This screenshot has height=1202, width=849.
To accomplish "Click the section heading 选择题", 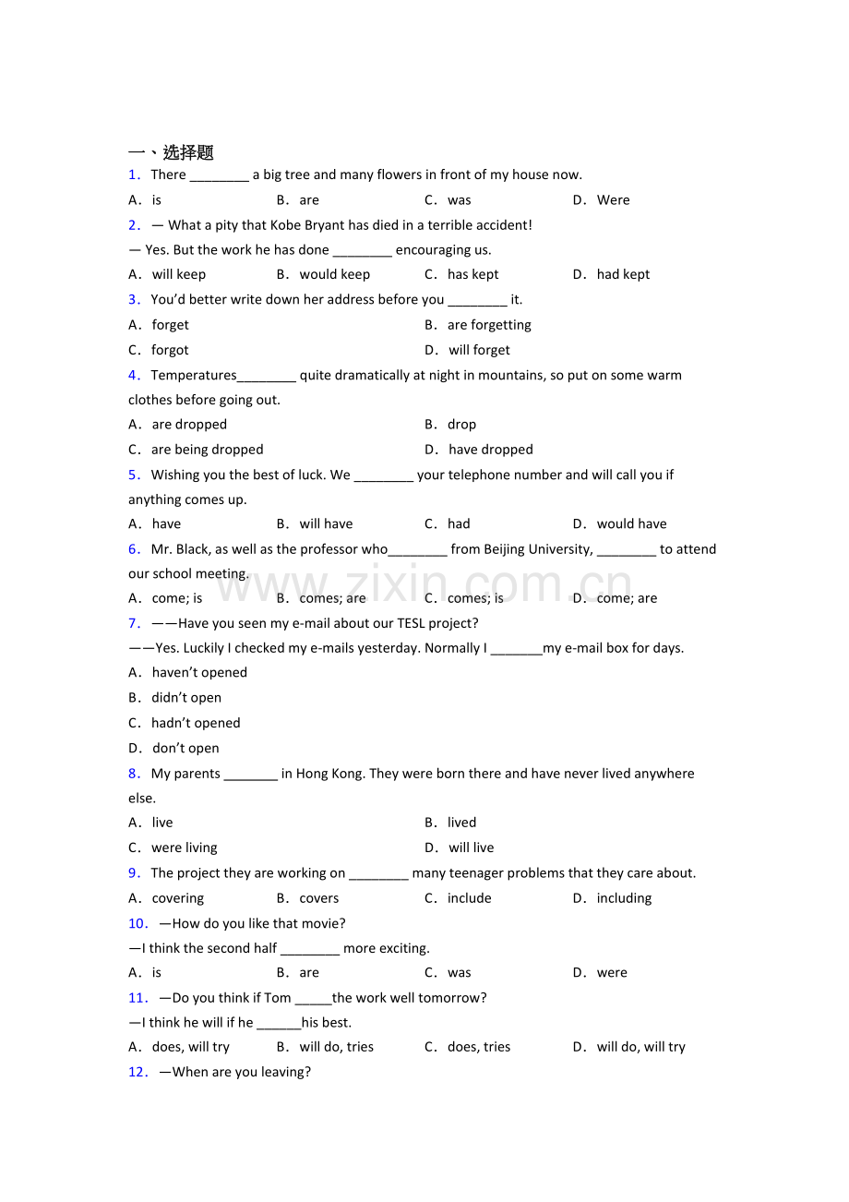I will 188,152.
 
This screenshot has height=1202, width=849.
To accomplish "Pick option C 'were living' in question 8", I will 185,847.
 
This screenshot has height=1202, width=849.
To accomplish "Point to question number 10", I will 138,923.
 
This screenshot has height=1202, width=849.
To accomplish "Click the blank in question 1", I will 219,175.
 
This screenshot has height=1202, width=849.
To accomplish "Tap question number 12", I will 138,1072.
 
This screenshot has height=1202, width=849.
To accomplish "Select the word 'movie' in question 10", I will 323,923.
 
